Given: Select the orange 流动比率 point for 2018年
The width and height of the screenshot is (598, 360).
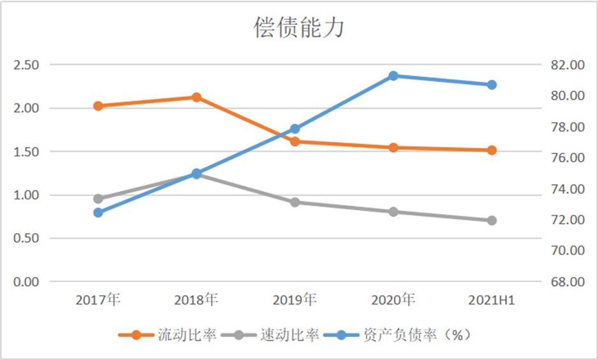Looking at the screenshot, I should pyautogui.click(x=196, y=97).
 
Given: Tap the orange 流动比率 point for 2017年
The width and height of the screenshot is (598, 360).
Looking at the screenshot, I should pyautogui.click(x=98, y=106).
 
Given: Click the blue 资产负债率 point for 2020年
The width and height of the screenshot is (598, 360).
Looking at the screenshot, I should pyautogui.click(x=393, y=76).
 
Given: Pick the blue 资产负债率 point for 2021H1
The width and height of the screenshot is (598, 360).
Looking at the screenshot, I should pyautogui.click(x=492, y=85).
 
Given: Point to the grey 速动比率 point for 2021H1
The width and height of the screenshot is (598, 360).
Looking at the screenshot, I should pyautogui.click(x=492, y=220).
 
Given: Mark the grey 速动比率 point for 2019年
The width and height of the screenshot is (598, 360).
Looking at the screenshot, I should pyautogui.click(x=295, y=202).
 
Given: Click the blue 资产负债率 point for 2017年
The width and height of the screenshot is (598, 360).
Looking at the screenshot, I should pyautogui.click(x=98, y=213).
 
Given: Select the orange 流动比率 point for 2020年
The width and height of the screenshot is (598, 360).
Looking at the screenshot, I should pyautogui.click(x=393, y=147).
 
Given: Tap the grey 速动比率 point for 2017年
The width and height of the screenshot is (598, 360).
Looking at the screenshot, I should pyautogui.click(x=98, y=199).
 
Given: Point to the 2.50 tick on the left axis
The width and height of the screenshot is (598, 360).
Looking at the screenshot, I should pyautogui.click(x=26, y=65).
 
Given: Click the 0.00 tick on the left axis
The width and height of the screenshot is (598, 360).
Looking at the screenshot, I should pyautogui.click(x=26, y=282).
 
